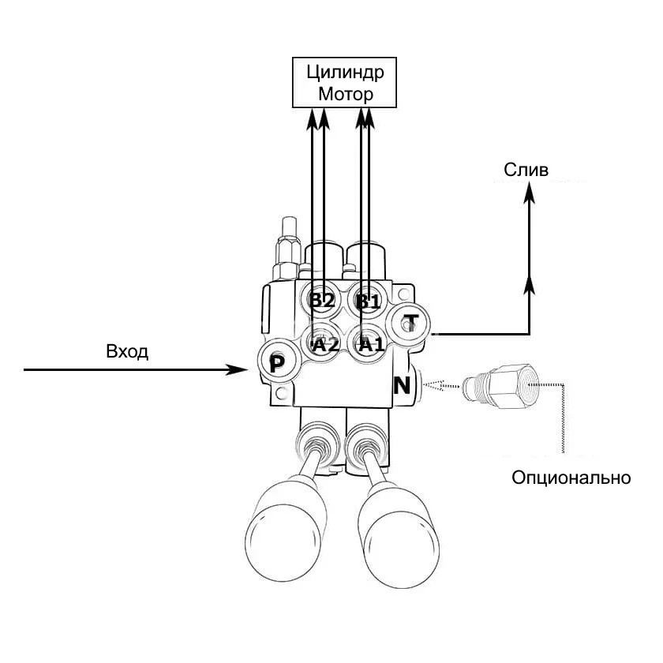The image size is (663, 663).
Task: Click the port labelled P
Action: [x=275, y=363]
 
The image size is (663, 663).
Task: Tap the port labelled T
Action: [x=410, y=321]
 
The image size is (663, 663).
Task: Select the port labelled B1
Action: [x=368, y=301]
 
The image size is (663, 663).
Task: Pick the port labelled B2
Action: [x=322, y=301]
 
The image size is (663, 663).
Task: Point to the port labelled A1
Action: [x=369, y=344]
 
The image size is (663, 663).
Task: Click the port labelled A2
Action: [x=324, y=344]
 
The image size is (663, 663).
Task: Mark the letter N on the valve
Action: [x=402, y=386]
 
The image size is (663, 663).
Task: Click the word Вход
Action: [x=127, y=352]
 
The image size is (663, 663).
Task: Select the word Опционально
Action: [x=571, y=478]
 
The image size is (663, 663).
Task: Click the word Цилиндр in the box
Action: [x=345, y=74]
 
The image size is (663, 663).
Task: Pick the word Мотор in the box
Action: [x=345, y=95]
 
